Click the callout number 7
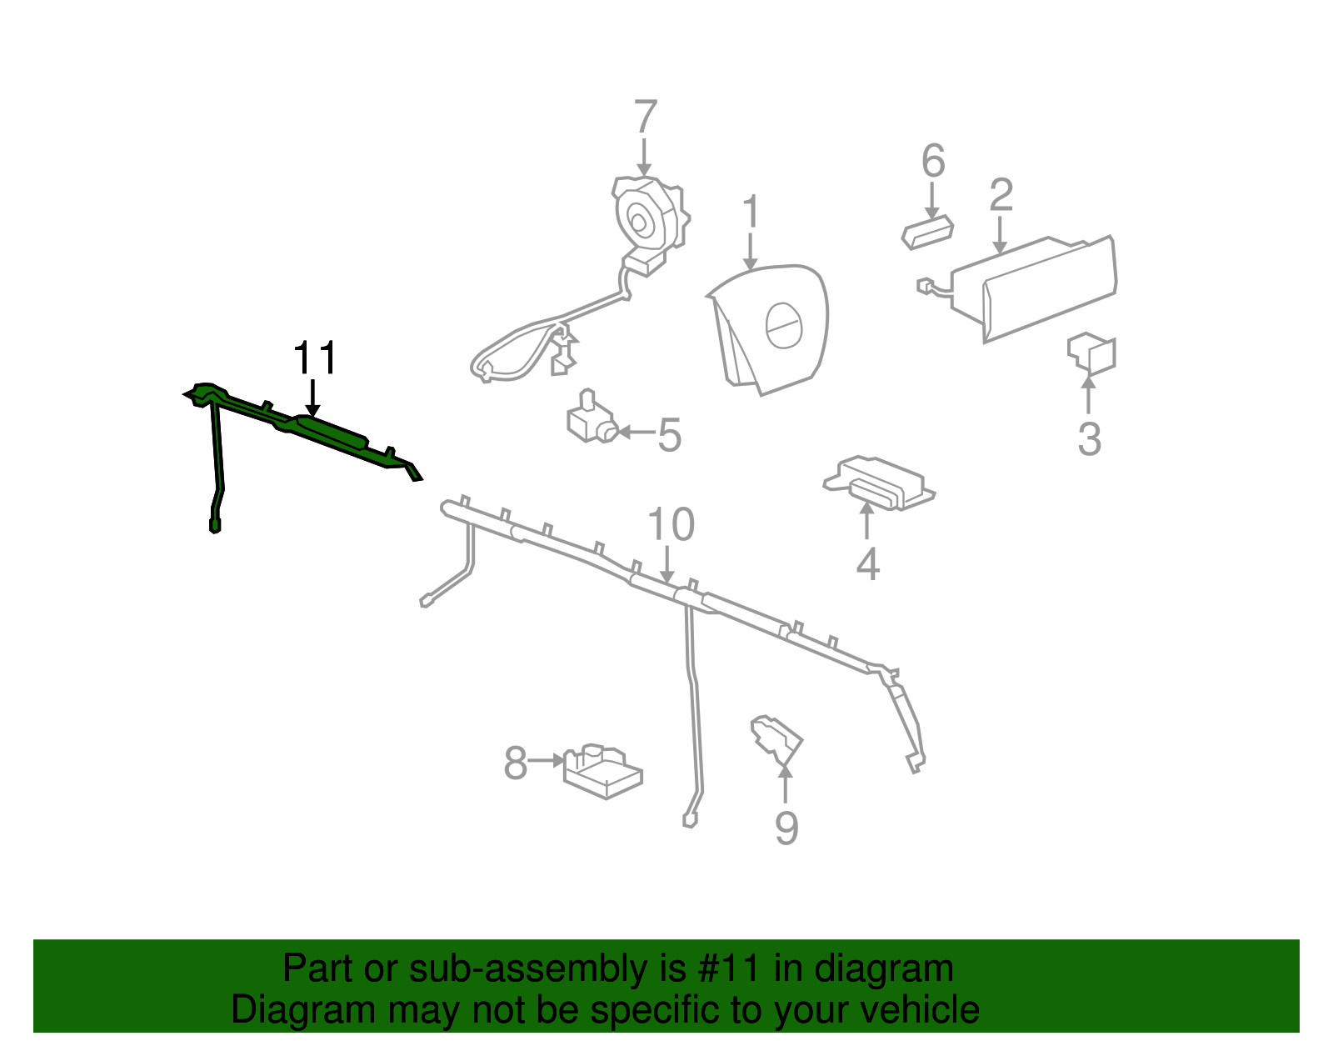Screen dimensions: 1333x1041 pos(646,117)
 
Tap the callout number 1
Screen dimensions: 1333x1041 pos(751,212)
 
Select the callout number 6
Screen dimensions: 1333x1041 pos(933,161)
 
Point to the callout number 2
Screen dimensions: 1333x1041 pos(1001,196)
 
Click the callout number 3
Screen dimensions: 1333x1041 pos(1090,439)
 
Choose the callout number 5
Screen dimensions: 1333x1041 pos(669,435)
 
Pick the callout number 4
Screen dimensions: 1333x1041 pos(868,563)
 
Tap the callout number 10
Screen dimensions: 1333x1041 pos(671,524)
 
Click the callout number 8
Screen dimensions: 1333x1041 pos(515,763)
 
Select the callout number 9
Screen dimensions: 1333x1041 pos(787,828)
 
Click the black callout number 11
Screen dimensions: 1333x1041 pos(315,358)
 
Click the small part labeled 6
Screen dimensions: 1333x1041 pos(927,233)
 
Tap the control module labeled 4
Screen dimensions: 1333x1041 pos(879,483)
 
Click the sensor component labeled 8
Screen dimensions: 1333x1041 pos(603,772)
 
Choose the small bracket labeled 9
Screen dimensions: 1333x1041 pos(776,740)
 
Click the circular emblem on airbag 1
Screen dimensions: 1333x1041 pos(784,326)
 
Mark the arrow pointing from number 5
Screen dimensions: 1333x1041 pos(637,432)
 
